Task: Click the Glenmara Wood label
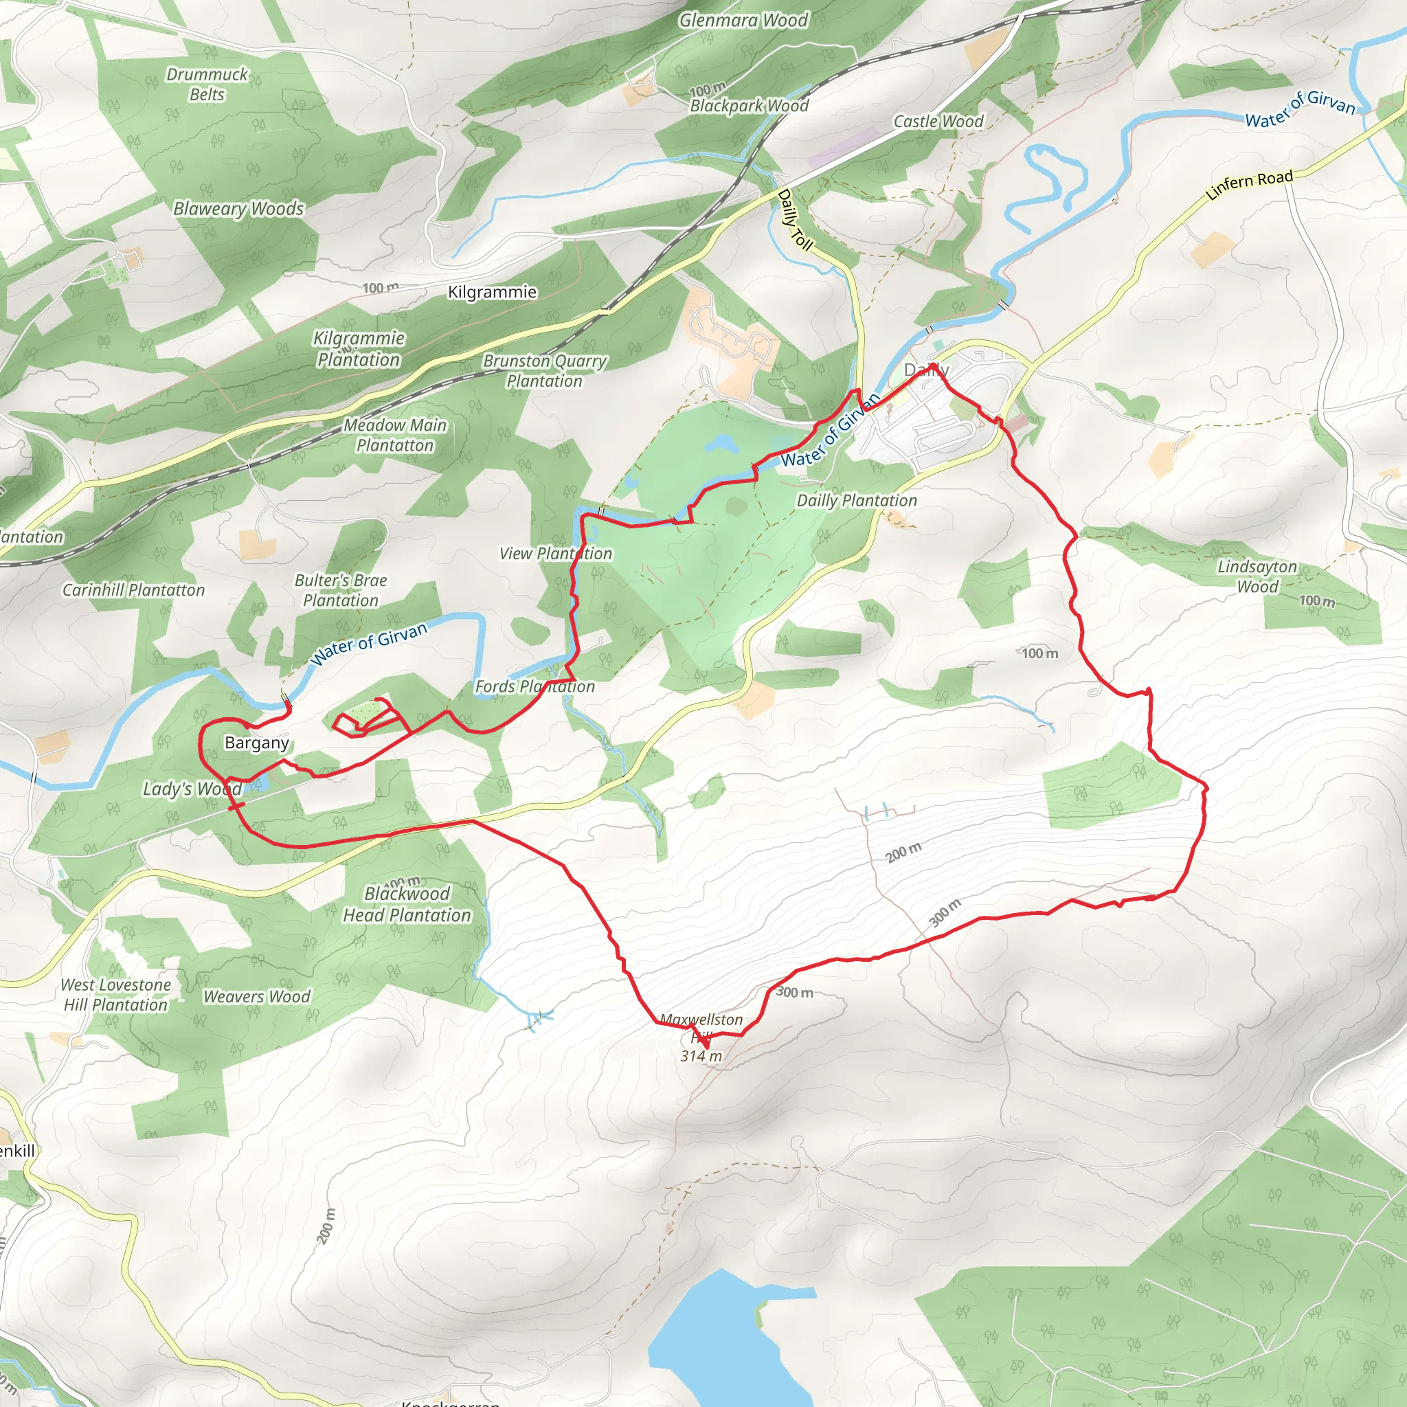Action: [743, 21]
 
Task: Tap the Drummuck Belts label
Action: [207, 85]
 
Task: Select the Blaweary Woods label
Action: [238, 209]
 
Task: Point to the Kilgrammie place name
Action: [493, 292]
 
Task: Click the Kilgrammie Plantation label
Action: [359, 349]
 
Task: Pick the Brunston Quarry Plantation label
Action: [545, 371]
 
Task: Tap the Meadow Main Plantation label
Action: [395, 435]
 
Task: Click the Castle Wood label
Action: [938, 122]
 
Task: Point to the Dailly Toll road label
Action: [795, 219]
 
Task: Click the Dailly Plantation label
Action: [857, 500]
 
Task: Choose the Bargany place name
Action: [256, 743]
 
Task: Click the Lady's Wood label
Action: [192, 789]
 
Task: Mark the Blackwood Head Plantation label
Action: [407, 905]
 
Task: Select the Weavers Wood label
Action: [256, 996]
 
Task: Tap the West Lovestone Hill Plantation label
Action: [116, 995]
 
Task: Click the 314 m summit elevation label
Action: [701, 1056]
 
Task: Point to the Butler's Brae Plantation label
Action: [341, 591]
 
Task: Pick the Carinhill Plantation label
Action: [133, 590]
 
